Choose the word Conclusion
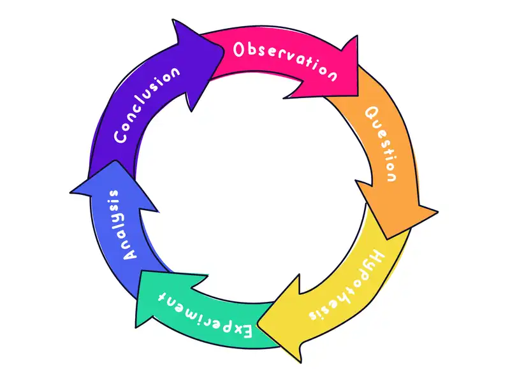[x=146, y=106]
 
